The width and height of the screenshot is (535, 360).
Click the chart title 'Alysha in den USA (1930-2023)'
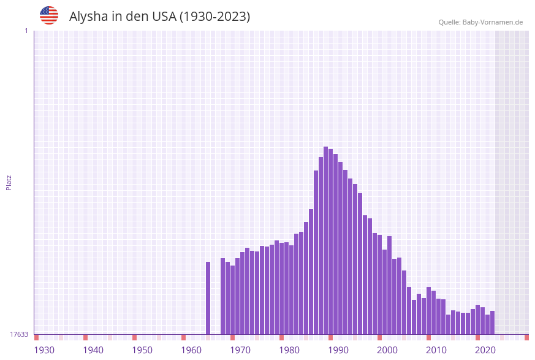point(159,17)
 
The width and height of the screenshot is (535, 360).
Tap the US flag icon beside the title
point(49,15)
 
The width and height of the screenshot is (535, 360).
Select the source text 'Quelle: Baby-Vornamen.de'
point(480,22)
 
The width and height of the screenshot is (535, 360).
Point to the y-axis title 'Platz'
point(9,182)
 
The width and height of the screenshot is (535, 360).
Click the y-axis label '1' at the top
point(26,31)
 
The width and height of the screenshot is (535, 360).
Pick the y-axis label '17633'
point(19,334)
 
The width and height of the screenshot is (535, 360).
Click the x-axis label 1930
point(44,350)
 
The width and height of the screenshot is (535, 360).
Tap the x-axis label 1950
point(142,350)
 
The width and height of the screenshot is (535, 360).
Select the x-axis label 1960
point(191,350)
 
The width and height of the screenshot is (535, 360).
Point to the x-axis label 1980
point(289,350)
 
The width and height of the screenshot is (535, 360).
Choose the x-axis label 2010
point(436,350)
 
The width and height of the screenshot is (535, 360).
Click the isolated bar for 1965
point(208,298)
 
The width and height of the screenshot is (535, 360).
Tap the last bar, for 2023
point(492,323)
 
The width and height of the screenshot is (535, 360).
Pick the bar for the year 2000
point(380,285)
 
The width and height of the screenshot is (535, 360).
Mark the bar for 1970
point(233,300)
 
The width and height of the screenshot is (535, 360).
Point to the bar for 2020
point(477,320)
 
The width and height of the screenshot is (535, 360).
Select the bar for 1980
point(282,288)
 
